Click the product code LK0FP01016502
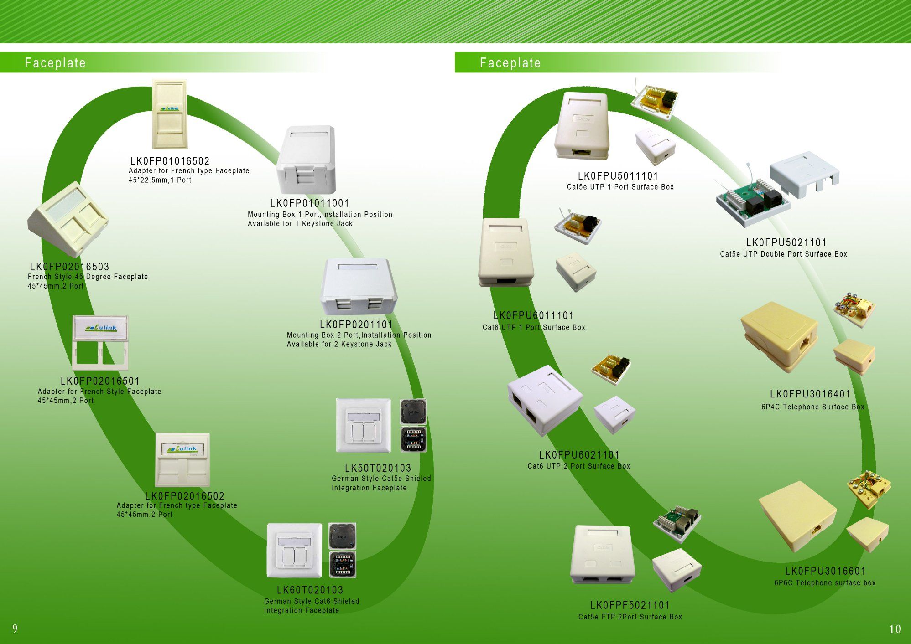[170, 161]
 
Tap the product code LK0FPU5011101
[618, 176]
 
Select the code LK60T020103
[310, 590]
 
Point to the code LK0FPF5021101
[630, 605]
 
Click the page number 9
[15, 629]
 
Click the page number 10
[895, 629]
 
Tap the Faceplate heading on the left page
[55, 63]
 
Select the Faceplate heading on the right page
[510, 63]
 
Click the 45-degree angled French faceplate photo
[68, 220]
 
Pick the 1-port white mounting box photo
[306, 160]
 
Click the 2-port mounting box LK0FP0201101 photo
[359, 287]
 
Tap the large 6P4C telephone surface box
[779, 336]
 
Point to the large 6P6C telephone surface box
[797, 516]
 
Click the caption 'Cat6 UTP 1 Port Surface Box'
[534, 327]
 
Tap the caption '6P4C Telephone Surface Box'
[812, 407]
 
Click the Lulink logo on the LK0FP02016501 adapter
[101, 327]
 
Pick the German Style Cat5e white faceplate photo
[364, 426]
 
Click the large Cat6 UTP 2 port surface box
[545, 400]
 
